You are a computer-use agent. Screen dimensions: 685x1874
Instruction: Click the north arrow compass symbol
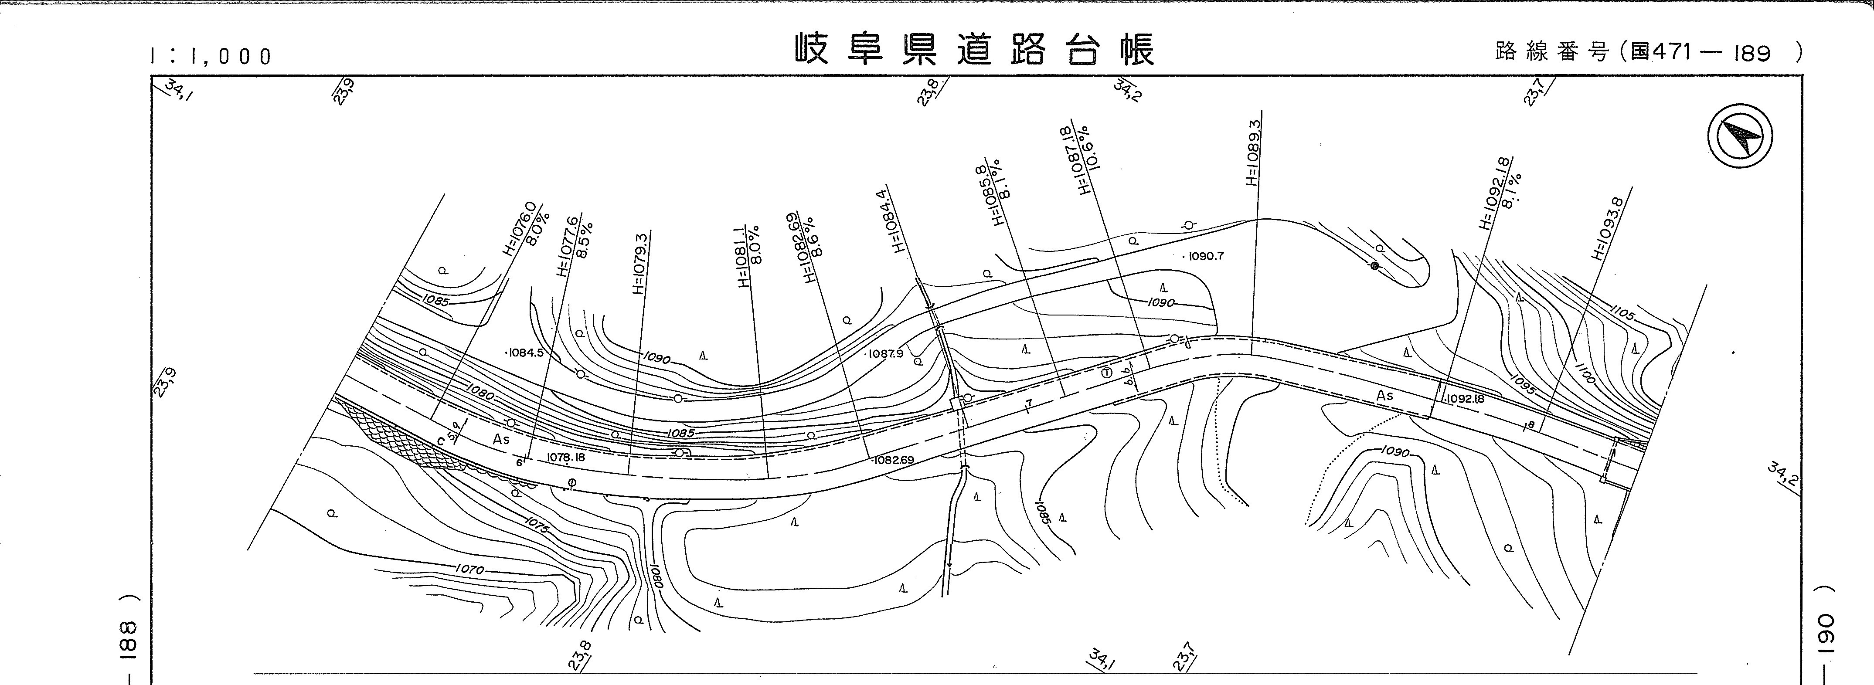[x=1739, y=137]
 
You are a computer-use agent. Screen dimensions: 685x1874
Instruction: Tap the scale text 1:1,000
[x=211, y=56]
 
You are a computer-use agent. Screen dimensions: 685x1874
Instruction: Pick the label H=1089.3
[x=1252, y=152]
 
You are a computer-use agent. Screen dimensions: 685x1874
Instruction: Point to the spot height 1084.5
[x=524, y=353]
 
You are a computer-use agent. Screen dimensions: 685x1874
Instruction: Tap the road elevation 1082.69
[x=893, y=460]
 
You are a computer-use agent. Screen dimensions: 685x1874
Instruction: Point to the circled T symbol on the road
[x=1106, y=372]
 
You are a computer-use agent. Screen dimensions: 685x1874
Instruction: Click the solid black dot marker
[x=1374, y=266]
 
